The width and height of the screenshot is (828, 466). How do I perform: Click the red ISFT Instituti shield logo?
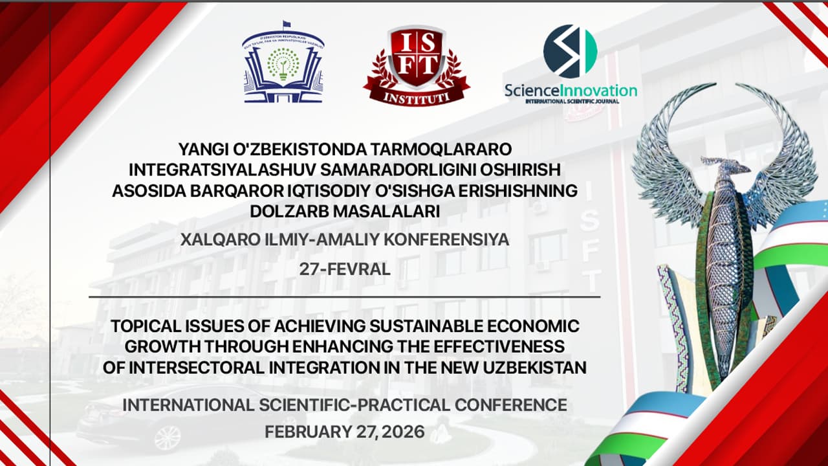point(417,66)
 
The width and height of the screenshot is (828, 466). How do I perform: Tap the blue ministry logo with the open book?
point(283,62)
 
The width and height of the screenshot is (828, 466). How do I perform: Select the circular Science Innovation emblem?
point(571,51)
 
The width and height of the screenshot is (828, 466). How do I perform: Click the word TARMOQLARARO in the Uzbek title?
point(441,150)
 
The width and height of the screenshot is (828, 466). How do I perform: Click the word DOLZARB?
point(289,212)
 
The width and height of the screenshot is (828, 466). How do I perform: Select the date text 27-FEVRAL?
point(345,269)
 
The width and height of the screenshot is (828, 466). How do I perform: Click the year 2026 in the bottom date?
point(403,432)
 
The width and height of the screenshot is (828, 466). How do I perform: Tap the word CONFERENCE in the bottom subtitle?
point(511,405)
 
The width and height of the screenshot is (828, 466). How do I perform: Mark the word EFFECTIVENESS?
point(499,346)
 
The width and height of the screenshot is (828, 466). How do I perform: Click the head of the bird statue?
point(724,165)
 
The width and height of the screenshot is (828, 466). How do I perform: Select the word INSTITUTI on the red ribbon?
point(417,98)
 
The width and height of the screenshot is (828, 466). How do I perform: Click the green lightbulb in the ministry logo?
point(283,71)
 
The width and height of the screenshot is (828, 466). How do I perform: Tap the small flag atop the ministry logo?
point(286,25)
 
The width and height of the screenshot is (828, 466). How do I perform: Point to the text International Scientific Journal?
point(572,102)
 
